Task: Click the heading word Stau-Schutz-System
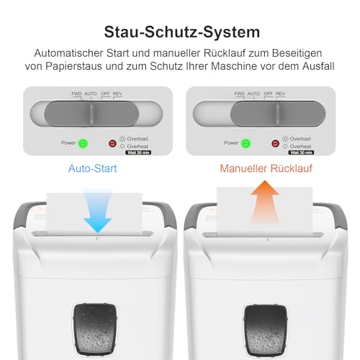click(179, 32)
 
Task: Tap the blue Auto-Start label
click(93, 170)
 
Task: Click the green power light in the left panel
click(83, 143)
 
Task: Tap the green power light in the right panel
click(246, 143)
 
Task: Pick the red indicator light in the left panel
click(112, 143)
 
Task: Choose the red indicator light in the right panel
click(275, 143)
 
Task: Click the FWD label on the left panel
click(76, 94)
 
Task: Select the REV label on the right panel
click(280, 94)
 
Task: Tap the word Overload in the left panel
click(138, 138)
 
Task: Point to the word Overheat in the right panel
click(301, 145)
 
